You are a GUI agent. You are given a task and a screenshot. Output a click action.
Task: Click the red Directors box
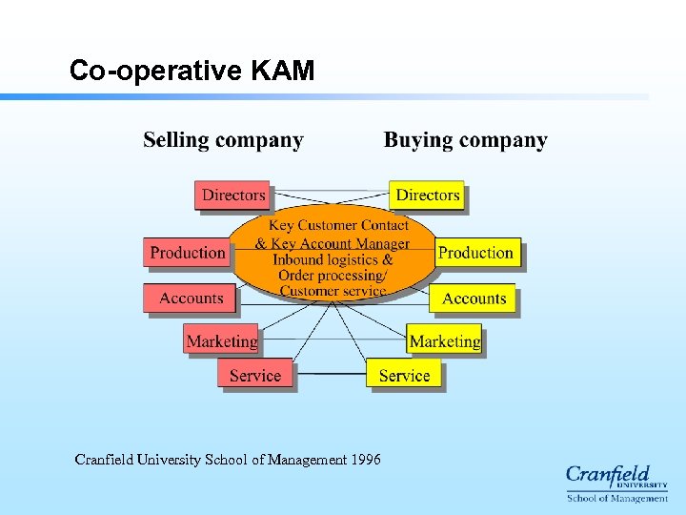pos(232,196)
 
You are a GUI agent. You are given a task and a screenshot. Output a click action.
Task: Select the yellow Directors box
pos(427,196)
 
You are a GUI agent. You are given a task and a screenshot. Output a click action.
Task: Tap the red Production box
pos(188,253)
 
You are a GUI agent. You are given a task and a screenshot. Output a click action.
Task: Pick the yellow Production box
pos(476,253)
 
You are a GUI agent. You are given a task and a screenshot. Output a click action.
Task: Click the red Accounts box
pos(191,299)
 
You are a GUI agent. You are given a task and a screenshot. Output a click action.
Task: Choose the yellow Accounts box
pos(474,299)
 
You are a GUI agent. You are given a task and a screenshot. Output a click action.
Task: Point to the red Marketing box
pos(221,340)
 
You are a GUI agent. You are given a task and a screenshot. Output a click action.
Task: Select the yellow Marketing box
pos(444,340)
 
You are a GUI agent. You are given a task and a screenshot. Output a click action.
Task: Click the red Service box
pos(255,375)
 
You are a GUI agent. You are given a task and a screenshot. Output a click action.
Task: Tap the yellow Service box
pos(404,375)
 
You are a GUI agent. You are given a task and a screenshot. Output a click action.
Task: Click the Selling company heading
pos(223,140)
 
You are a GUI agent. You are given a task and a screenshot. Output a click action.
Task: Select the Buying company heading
pos(465,140)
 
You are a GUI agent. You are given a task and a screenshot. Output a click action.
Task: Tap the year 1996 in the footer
pos(366,460)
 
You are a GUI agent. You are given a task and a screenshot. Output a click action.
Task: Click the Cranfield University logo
pos(616,483)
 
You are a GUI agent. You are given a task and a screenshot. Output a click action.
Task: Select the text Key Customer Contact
pos(338,226)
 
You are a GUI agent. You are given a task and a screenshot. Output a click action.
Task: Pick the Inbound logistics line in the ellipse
pos(333,259)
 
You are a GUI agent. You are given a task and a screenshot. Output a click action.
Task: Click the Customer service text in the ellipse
pos(333,291)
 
